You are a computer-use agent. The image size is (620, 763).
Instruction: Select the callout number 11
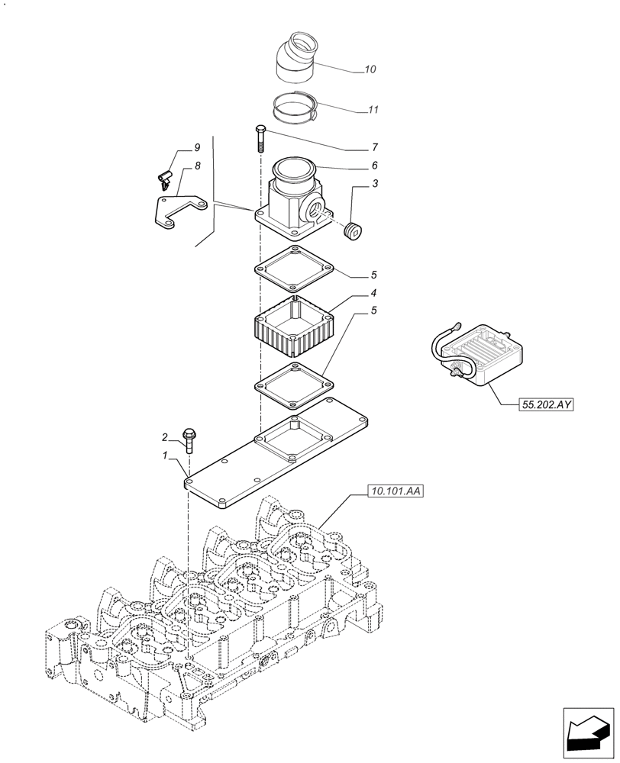[373, 110]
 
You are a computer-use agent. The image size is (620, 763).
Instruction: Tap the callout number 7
[375, 146]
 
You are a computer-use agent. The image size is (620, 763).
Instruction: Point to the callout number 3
[375, 183]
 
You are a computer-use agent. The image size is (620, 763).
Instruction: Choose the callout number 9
[175, 146]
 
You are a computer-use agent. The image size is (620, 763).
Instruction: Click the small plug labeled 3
[354, 230]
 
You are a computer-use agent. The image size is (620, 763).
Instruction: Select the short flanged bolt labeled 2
[189, 441]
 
